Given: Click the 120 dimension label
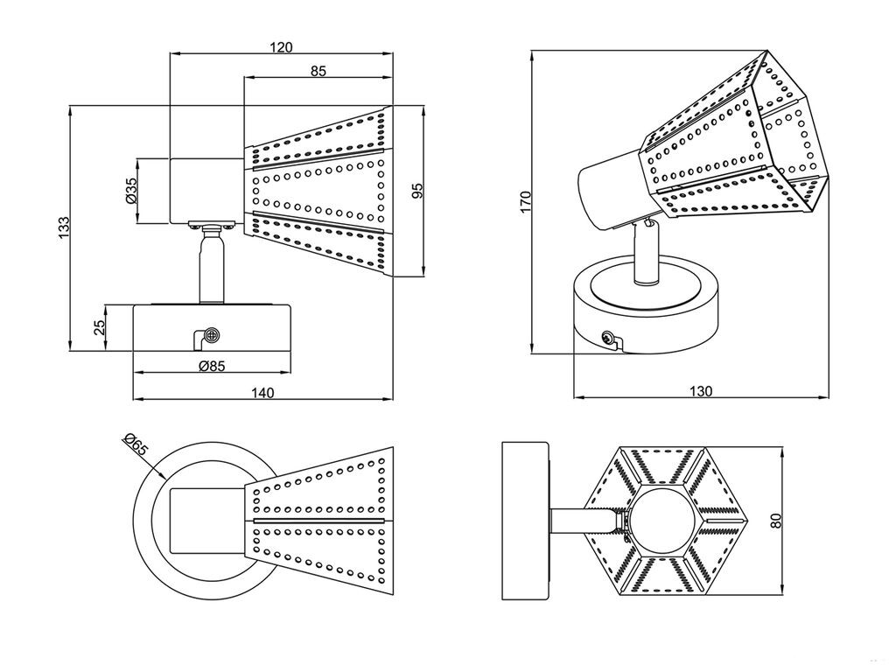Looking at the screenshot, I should (281, 47).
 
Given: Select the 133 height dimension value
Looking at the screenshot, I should (63, 229).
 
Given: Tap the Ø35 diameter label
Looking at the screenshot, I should (130, 191).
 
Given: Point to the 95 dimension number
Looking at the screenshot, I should (417, 192).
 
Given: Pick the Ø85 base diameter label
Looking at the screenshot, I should (212, 366).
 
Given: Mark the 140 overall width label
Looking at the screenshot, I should (262, 393).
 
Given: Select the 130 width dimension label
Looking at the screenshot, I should (700, 391).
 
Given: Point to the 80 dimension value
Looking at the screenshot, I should (773, 520).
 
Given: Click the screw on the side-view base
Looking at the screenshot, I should (211, 335).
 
